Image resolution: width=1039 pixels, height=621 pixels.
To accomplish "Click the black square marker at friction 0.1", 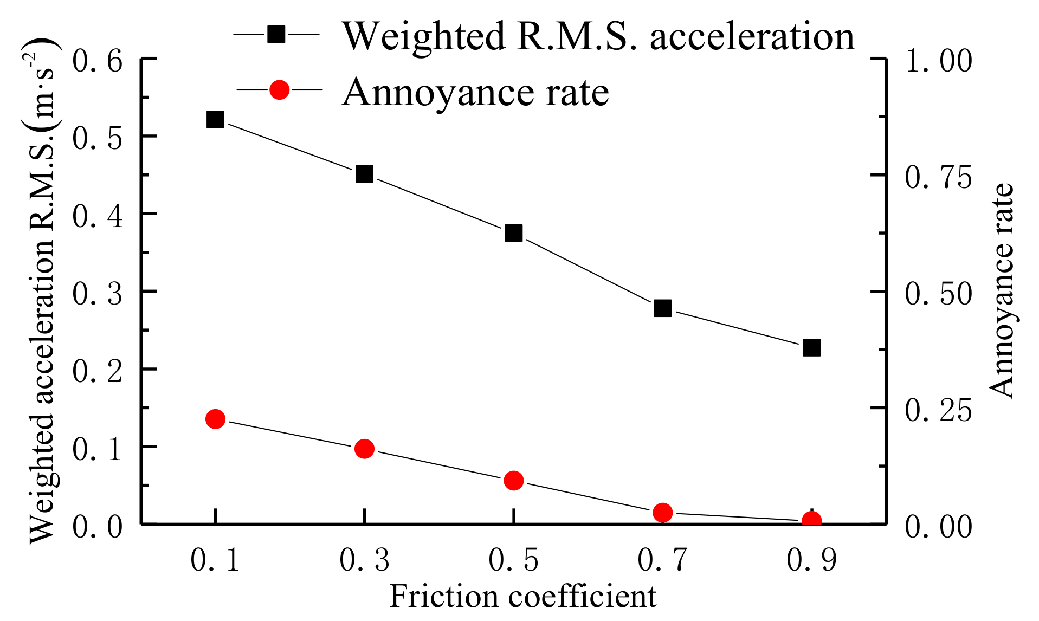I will click(215, 119).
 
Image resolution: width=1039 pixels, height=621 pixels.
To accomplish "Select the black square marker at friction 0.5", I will click(513, 233).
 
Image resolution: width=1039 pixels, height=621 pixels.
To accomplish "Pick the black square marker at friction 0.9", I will click(811, 347).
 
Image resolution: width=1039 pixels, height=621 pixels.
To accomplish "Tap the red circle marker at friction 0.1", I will click(215, 419).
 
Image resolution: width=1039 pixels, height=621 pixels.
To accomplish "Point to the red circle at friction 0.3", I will click(364, 449).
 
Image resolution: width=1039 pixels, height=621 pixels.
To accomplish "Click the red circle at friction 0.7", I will click(662, 512).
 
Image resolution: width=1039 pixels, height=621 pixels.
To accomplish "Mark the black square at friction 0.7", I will click(662, 308).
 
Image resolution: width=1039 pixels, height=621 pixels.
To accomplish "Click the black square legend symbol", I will click(276, 35).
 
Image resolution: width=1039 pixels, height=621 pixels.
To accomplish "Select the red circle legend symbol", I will click(279, 89).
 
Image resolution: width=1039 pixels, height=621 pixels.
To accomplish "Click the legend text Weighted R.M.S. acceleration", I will click(598, 36).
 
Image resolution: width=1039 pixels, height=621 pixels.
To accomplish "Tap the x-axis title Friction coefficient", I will click(522, 597).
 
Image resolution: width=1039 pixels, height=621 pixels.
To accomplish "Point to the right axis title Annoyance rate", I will click(1002, 291).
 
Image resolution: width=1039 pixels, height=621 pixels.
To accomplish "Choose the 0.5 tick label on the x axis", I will click(513, 560).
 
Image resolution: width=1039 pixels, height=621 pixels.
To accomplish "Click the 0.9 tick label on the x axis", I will click(811, 560).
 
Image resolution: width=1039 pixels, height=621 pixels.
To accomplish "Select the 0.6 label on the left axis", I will click(98, 61).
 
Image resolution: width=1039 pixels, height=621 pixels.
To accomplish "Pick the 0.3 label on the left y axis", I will click(98, 294).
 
